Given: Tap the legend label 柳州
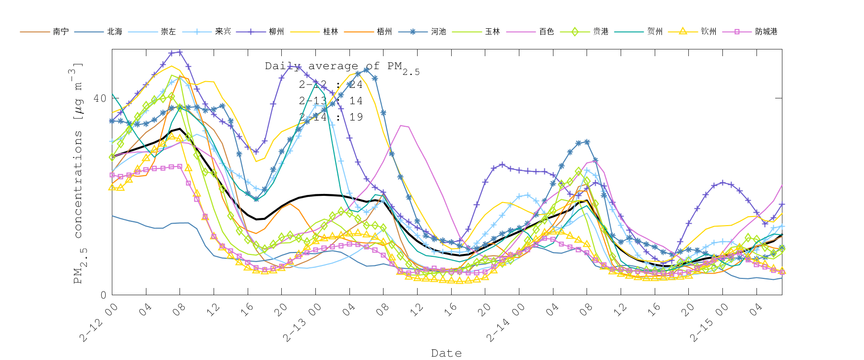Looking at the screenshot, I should click(276, 32).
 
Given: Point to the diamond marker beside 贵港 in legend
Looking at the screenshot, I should click(575, 32).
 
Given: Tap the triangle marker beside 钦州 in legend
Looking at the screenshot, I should click(683, 32).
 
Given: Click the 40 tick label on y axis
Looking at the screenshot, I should click(99, 98).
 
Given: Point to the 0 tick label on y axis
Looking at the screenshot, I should click(103, 295).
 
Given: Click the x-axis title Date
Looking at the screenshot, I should click(446, 353).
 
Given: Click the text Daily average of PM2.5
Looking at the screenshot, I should click(342, 67).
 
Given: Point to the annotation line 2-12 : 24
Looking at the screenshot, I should click(331, 85).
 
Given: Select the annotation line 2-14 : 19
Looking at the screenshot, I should click(331, 117).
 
